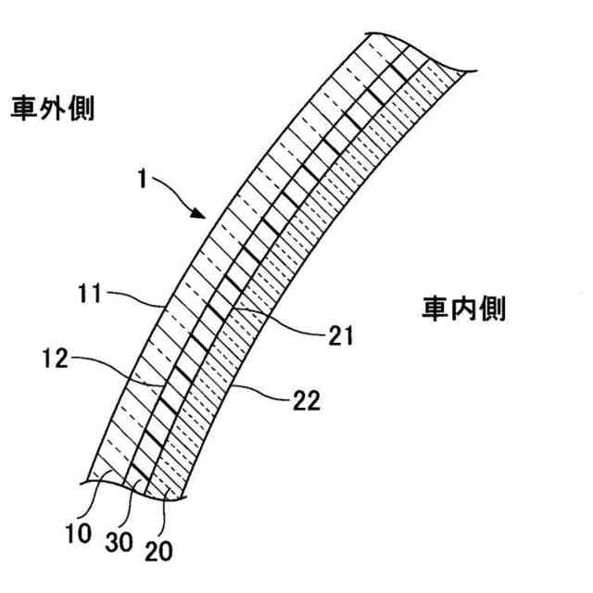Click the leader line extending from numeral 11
pyautogui.click(x=139, y=299)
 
